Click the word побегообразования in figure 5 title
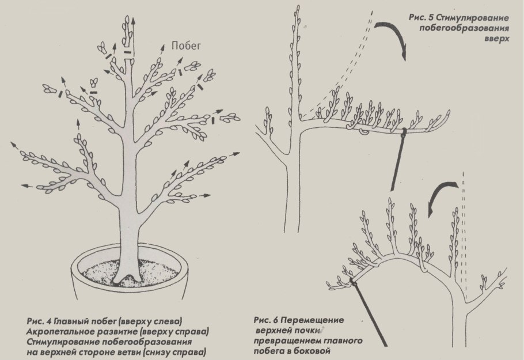464,28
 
